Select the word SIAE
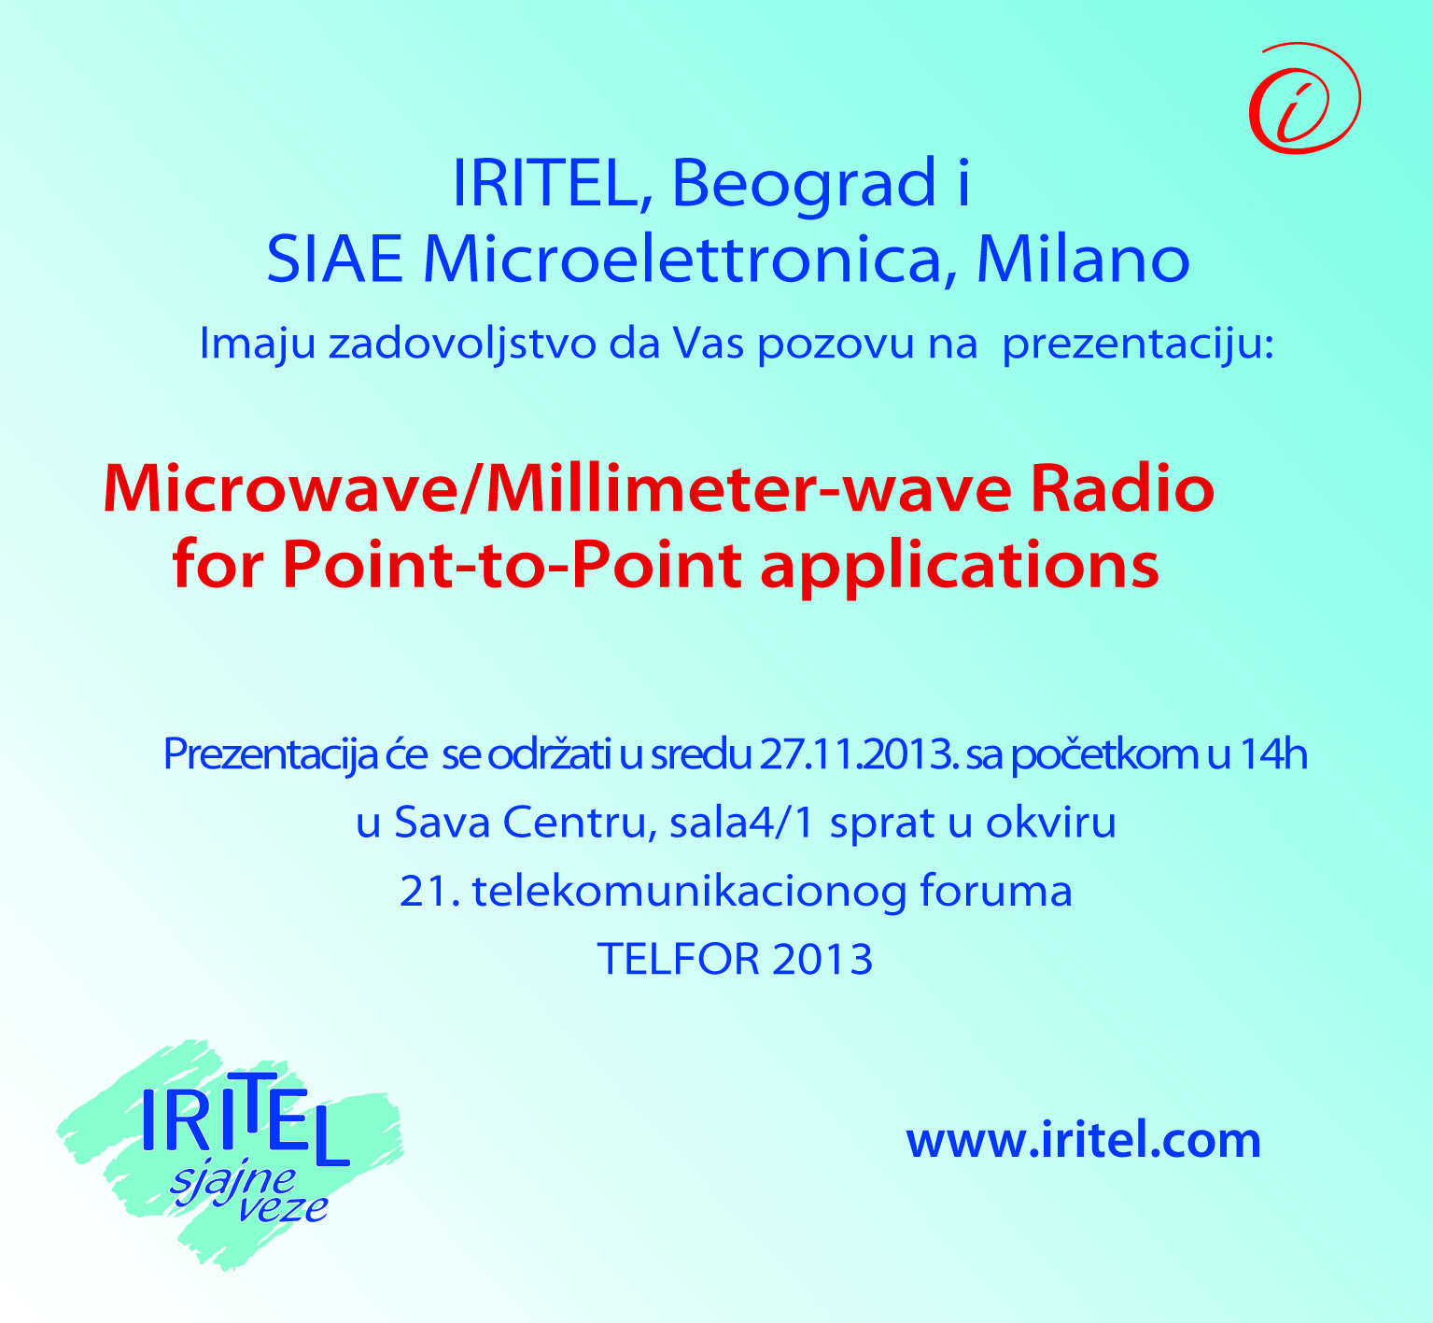click(x=335, y=260)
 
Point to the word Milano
click(x=1083, y=260)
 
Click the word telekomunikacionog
click(x=690, y=892)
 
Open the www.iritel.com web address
click(x=1084, y=1140)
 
